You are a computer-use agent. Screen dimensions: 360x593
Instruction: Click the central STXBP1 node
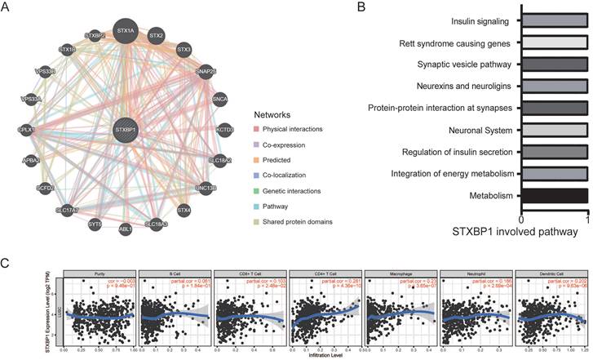(126, 129)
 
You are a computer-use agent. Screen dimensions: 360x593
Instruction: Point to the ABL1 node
(126, 229)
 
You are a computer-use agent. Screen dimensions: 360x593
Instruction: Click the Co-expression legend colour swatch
(259, 143)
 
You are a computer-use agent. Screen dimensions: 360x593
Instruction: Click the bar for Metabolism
(554, 195)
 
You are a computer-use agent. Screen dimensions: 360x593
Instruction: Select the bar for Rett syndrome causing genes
(554, 43)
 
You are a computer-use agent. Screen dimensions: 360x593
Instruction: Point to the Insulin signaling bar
(554, 22)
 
